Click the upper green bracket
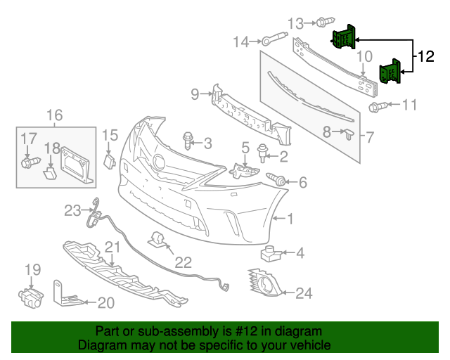click(343, 37)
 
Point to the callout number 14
click(241, 42)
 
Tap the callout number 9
click(195, 93)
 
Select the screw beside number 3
click(188, 139)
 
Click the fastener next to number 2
click(263, 150)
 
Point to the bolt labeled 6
click(277, 181)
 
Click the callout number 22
click(183, 262)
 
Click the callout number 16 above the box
click(54, 115)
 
